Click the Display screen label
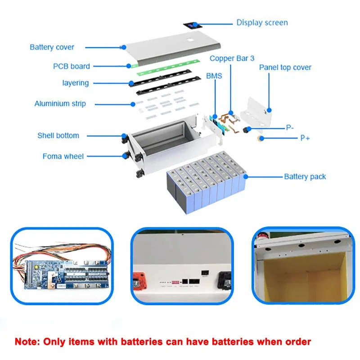(262, 22)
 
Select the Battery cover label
(52, 47)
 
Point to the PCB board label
(71, 66)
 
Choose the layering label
(75, 83)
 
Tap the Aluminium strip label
(60, 103)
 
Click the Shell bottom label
(58, 135)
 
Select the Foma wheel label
(63, 156)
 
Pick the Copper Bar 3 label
(232, 58)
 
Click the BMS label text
(214, 76)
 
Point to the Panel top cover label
(285, 67)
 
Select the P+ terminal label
(305, 138)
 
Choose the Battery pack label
(305, 176)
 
